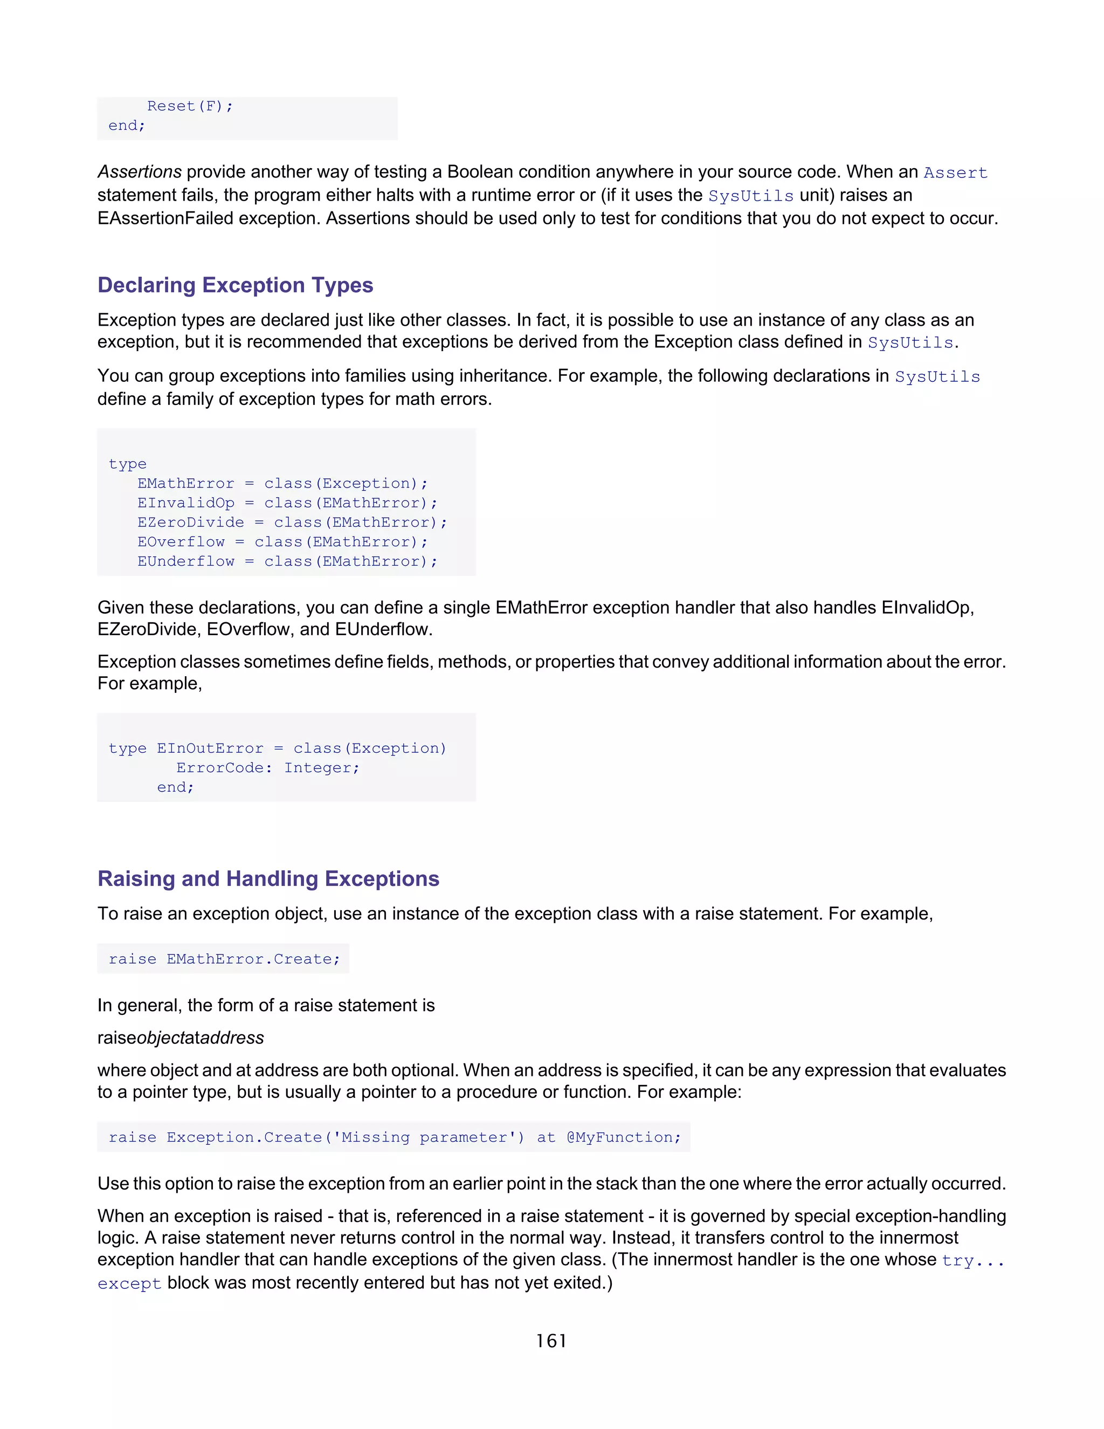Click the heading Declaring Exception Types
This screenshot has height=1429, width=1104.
[x=235, y=285]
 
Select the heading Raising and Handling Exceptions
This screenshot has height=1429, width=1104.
[x=268, y=879]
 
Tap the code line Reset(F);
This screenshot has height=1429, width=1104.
[x=190, y=106]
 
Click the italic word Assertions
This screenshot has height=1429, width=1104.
[x=139, y=172]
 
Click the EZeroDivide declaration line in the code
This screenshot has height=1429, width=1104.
[x=292, y=522]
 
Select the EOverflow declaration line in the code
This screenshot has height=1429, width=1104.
[x=282, y=542]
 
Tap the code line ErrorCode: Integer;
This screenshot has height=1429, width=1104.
[x=267, y=767]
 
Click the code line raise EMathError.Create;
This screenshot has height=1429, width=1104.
[x=224, y=959]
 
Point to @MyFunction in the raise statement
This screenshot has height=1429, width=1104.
[x=623, y=1137]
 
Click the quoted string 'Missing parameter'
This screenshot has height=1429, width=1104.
[x=424, y=1137]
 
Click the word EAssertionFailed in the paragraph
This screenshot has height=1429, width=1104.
[x=165, y=218]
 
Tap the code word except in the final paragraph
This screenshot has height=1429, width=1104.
[x=129, y=1284]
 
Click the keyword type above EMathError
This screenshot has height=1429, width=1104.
[x=128, y=464]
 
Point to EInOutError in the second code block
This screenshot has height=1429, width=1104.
[x=209, y=748]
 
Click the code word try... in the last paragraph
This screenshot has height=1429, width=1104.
[x=972, y=1261]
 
